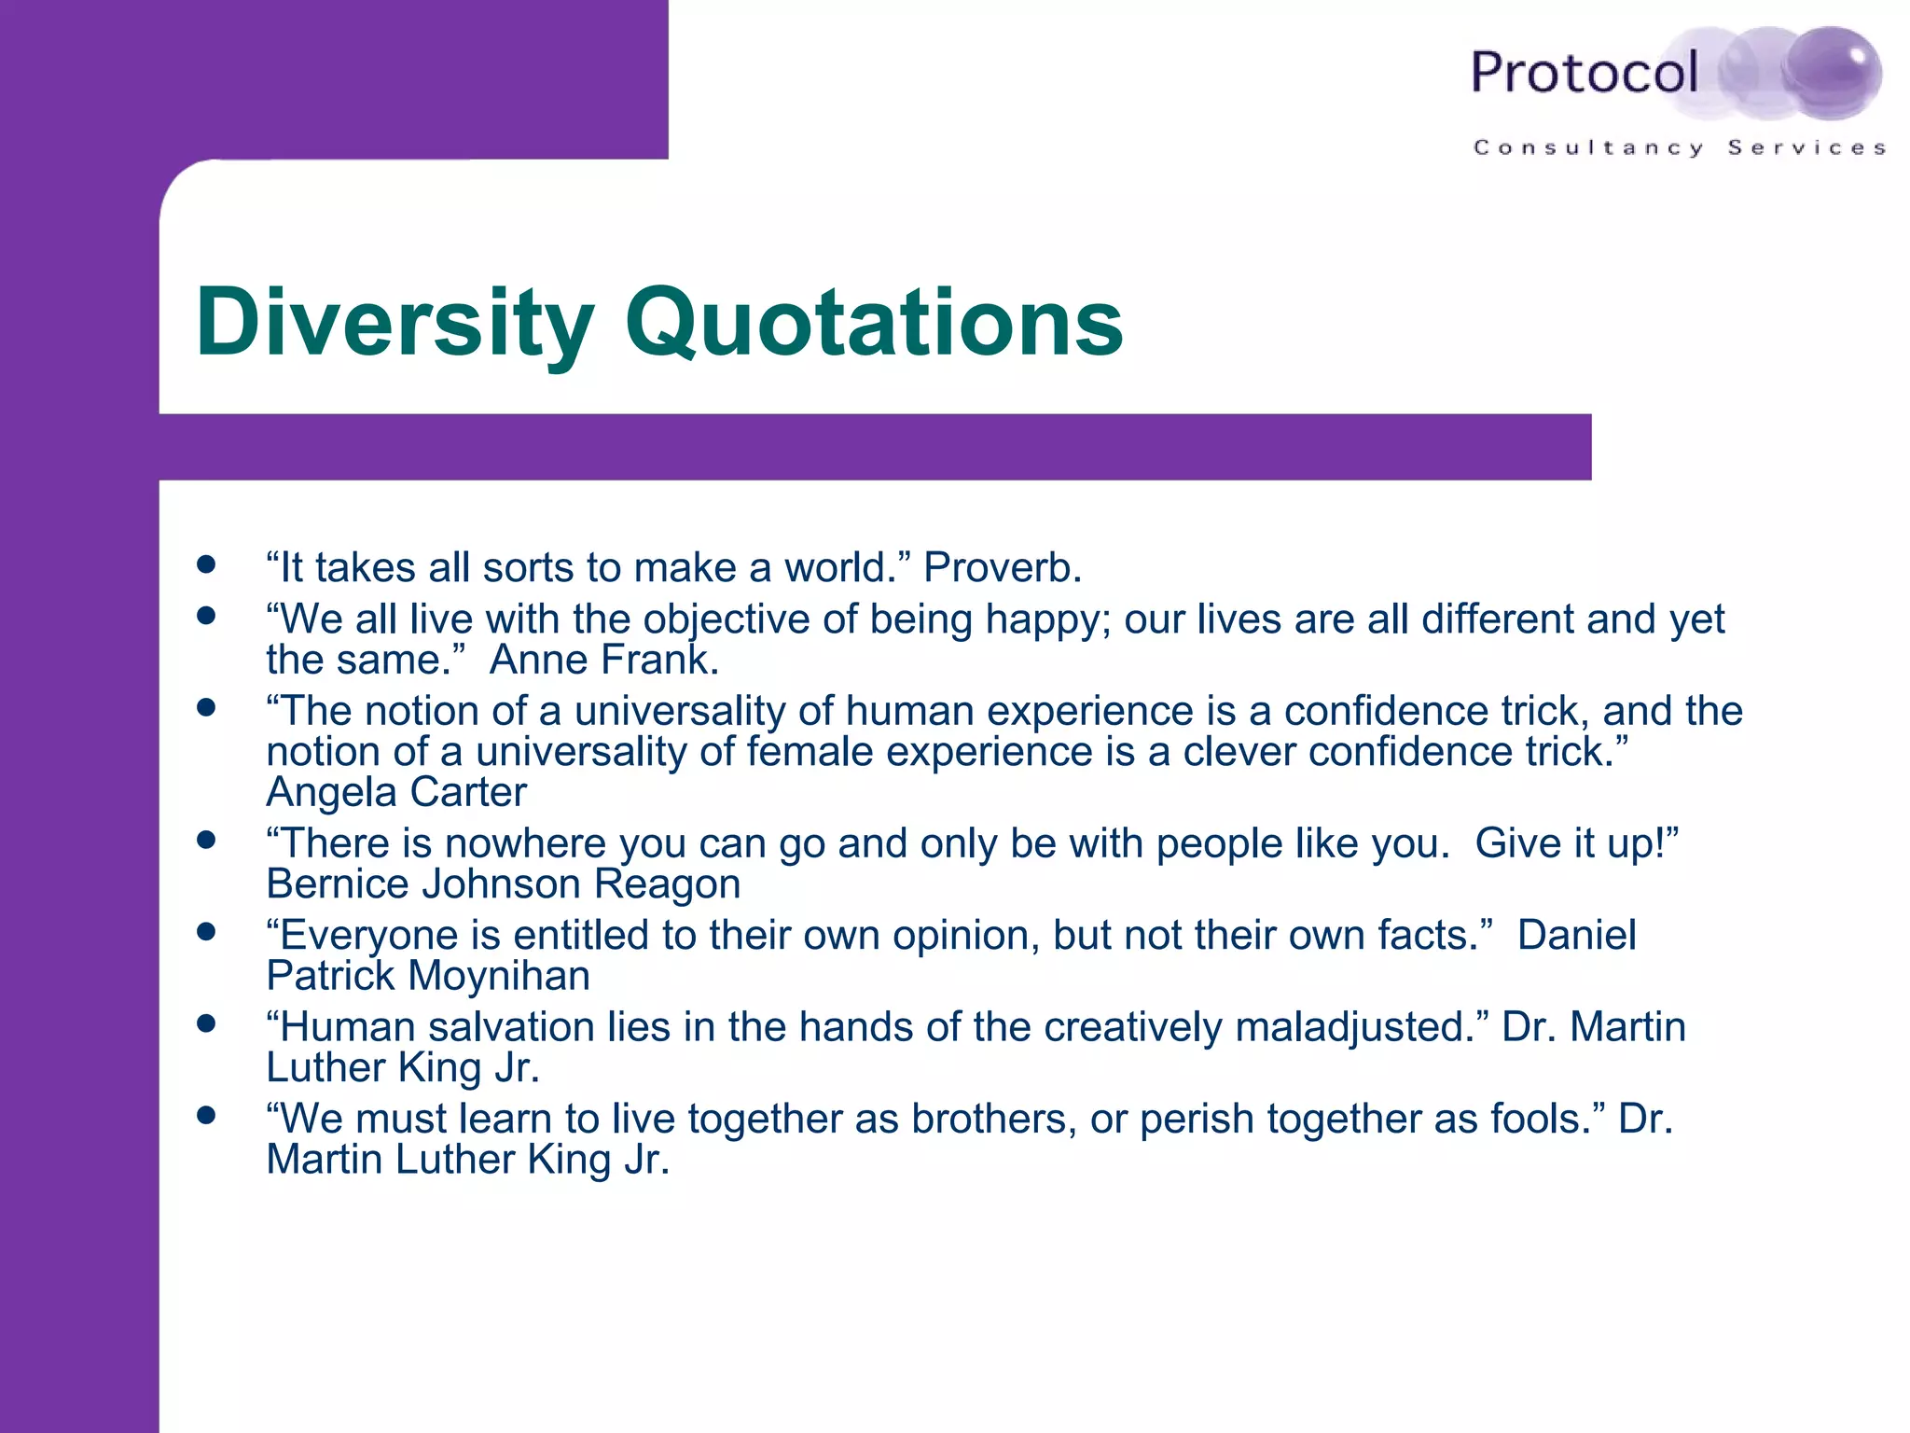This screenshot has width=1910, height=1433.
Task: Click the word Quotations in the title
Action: [x=874, y=323]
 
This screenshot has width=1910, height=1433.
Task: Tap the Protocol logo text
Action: [x=1584, y=73]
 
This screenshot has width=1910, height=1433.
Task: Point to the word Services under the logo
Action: [x=1806, y=147]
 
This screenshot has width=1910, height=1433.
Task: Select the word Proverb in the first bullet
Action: [x=1002, y=567]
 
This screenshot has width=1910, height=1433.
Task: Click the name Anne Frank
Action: [x=603, y=660]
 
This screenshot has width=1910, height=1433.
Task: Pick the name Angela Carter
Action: [x=396, y=792]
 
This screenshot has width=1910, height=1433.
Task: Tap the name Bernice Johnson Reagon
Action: [x=503, y=883]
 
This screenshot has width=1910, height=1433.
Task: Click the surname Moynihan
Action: [x=499, y=976]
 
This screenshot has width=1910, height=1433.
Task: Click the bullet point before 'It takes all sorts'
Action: [x=206, y=564]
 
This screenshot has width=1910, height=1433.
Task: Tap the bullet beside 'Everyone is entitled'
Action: [x=206, y=931]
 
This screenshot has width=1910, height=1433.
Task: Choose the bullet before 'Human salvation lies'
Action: [x=206, y=1023]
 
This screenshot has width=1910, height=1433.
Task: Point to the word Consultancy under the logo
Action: [x=1588, y=147]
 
